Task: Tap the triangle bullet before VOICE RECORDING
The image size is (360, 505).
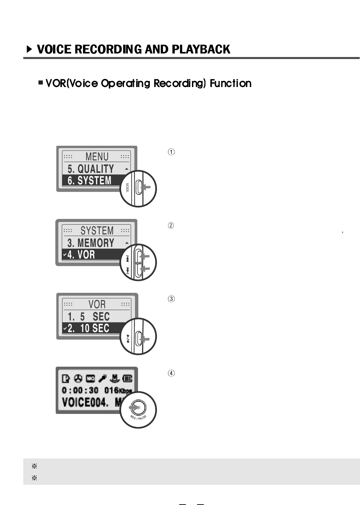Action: [30, 50]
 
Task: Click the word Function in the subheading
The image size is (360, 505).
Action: [230, 83]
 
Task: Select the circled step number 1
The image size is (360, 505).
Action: [171, 152]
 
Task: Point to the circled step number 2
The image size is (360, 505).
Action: [171, 225]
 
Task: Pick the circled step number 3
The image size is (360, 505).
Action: [171, 299]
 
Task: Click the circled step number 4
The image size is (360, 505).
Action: [171, 373]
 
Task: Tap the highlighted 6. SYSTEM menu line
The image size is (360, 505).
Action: [89, 180]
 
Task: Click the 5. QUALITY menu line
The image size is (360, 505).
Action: [91, 169]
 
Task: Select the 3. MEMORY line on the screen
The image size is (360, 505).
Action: [91, 243]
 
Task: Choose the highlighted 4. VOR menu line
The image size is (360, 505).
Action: [81, 255]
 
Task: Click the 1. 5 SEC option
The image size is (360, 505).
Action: [88, 316]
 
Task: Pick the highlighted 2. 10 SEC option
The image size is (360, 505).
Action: [88, 328]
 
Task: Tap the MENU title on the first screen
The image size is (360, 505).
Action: [97, 157]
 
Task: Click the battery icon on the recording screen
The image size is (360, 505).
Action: [128, 379]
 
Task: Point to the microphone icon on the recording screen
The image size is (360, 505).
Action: [103, 379]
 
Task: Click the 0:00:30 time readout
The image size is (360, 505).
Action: [80, 390]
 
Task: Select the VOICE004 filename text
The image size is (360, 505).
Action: [85, 402]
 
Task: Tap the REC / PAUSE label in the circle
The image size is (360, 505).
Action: [138, 418]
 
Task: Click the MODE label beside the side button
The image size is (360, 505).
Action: [128, 188]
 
